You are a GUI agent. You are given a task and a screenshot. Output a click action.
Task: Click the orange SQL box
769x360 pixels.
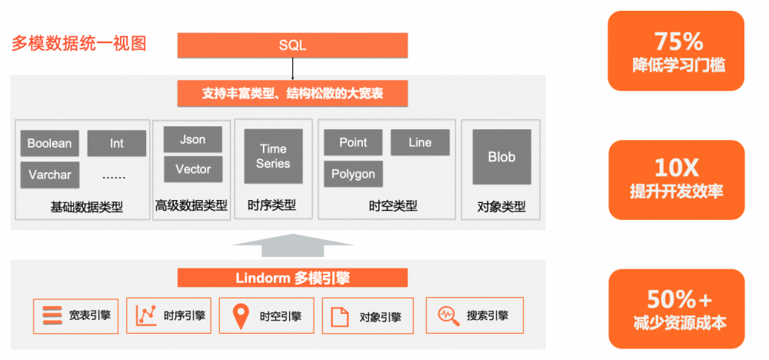(x=292, y=45)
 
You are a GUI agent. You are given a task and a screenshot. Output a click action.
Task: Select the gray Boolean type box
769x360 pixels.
(x=49, y=143)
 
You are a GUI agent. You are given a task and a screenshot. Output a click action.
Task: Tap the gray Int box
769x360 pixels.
(x=116, y=143)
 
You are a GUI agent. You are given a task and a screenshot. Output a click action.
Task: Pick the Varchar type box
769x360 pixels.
(x=49, y=175)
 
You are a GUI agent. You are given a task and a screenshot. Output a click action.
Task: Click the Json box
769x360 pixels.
(x=192, y=139)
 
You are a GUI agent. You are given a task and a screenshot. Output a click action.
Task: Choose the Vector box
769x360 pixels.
(x=192, y=169)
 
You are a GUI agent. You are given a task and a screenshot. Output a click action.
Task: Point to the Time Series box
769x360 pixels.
(x=273, y=156)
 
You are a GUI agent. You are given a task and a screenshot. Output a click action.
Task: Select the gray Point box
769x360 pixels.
(x=353, y=142)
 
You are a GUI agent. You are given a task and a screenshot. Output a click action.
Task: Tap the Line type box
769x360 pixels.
(x=420, y=142)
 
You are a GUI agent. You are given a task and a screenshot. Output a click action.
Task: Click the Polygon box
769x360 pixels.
(x=353, y=174)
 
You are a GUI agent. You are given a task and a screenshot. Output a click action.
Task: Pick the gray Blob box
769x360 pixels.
(x=501, y=157)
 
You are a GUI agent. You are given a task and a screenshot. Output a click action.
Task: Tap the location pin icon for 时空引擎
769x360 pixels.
(x=241, y=315)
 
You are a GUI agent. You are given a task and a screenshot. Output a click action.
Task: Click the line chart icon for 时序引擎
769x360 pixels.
(x=146, y=315)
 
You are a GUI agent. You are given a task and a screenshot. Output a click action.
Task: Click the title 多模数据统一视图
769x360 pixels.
(x=78, y=43)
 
